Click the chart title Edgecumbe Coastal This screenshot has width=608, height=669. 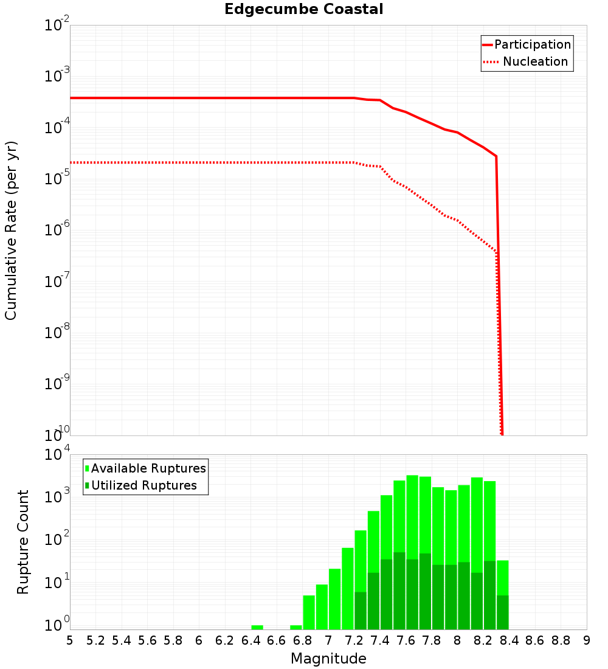click(304, 9)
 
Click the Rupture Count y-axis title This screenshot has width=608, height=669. click(23, 541)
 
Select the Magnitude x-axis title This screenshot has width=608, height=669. click(328, 659)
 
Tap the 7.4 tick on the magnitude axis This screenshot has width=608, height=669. click(380, 640)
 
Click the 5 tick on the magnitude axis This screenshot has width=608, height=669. click(70, 640)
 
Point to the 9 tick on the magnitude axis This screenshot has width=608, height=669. click(586, 640)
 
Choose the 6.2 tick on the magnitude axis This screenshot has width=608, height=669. click(225, 640)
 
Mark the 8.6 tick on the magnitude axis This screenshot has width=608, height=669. click(535, 640)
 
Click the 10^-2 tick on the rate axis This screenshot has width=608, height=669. click(57, 26)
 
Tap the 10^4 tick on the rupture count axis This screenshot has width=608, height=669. click(57, 455)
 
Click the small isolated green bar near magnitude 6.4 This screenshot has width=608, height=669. click(257, 627)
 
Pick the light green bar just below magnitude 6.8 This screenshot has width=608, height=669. click(296, 627)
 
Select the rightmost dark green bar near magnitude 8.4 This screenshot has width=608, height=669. click(503, 612)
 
